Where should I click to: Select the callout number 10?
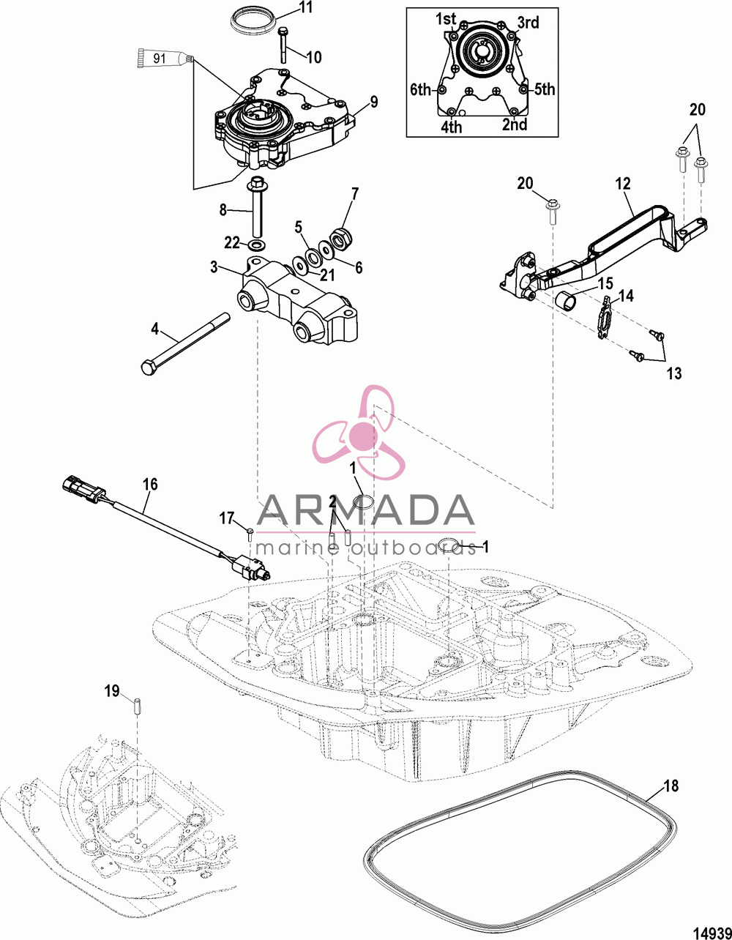314,56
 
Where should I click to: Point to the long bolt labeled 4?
185,344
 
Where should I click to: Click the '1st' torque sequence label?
445,18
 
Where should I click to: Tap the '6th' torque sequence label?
421,89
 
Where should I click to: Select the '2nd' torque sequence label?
515,124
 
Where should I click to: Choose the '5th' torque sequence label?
545,89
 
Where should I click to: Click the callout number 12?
623,184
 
